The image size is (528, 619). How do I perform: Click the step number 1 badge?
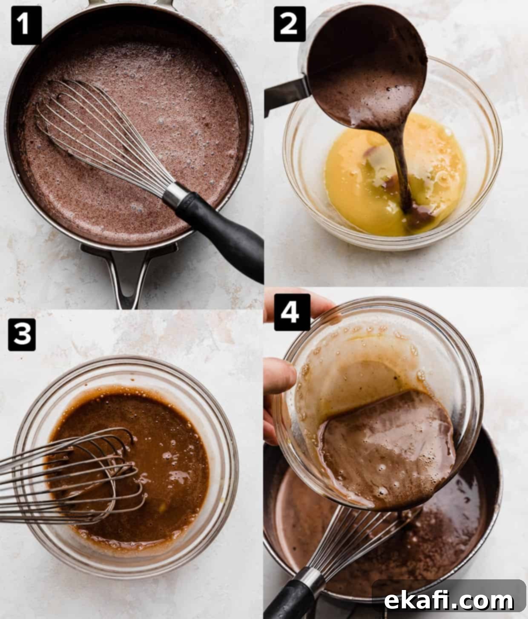point(26,25)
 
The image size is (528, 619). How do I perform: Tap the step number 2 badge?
point(289,24)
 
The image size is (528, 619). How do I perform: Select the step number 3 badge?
point(22,335)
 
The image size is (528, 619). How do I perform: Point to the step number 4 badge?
point(292,312)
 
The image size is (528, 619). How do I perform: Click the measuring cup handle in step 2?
point(286,94)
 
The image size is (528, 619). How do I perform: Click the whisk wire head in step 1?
point(102,135)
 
